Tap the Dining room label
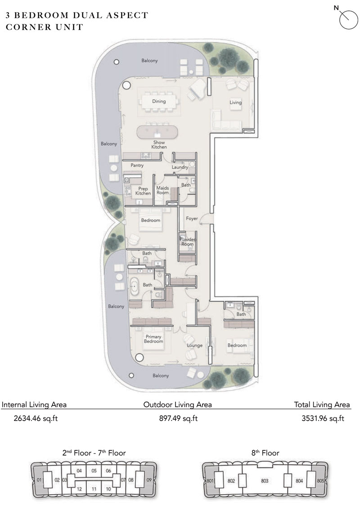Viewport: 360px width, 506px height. click(159, 102)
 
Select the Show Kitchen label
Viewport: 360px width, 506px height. click(159, 144)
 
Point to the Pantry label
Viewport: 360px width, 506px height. click(137, 166)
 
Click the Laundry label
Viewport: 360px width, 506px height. click(180, 167)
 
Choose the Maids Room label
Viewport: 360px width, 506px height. click(162, 190)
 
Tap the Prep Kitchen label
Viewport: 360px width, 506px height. click(143, 191)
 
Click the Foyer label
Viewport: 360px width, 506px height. click(192, 219)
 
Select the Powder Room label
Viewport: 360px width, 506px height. click(188, 242)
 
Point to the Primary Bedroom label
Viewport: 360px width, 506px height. click(153, 339)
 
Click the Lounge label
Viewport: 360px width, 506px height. click(195, 345)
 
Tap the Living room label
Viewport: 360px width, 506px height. click(235, 103)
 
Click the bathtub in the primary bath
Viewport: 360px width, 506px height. click(135, 285)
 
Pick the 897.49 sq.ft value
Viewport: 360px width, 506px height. click(178, 419)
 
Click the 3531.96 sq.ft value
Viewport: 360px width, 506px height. click(323, 419)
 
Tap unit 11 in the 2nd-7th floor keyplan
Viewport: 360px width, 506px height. click(94, 488)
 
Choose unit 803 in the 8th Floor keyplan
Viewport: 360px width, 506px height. click(265, 480)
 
